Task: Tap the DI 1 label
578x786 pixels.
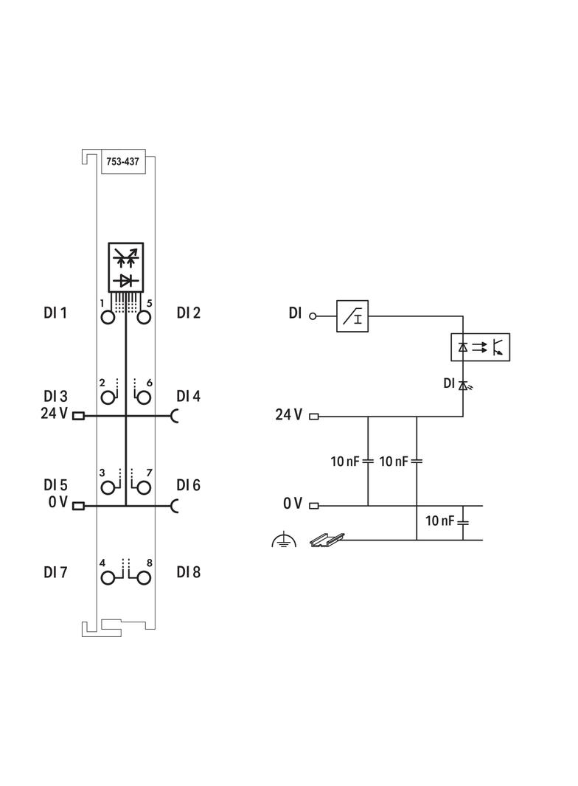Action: click(x=55, y=313)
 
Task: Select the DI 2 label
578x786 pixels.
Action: click(x=188, y=313)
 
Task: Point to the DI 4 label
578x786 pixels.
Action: click(x=188, y=396)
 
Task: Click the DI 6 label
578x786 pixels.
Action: click(x=188, y=485)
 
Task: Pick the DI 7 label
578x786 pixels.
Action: click(x=55, y=571)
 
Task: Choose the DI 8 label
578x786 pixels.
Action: click(x=188, y=571)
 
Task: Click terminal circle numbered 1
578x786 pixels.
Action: click(x=108, y=317)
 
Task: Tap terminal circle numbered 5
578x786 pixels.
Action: click(x=144, y=317)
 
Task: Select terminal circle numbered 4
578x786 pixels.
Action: click(x=108, y=577)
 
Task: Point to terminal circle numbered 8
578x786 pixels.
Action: click(x=144, y=577)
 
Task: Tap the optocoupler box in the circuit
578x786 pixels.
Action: click(x=480, y=347)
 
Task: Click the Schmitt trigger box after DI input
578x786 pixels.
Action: click(x=352, y=316)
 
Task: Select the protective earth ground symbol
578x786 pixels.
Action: click(x=283, y=541)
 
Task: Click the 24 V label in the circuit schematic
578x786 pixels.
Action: click(x=288, y=415)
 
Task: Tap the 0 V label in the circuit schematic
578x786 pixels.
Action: click(x=293, y=504)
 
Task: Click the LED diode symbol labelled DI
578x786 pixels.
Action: click(x=463, y=385)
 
